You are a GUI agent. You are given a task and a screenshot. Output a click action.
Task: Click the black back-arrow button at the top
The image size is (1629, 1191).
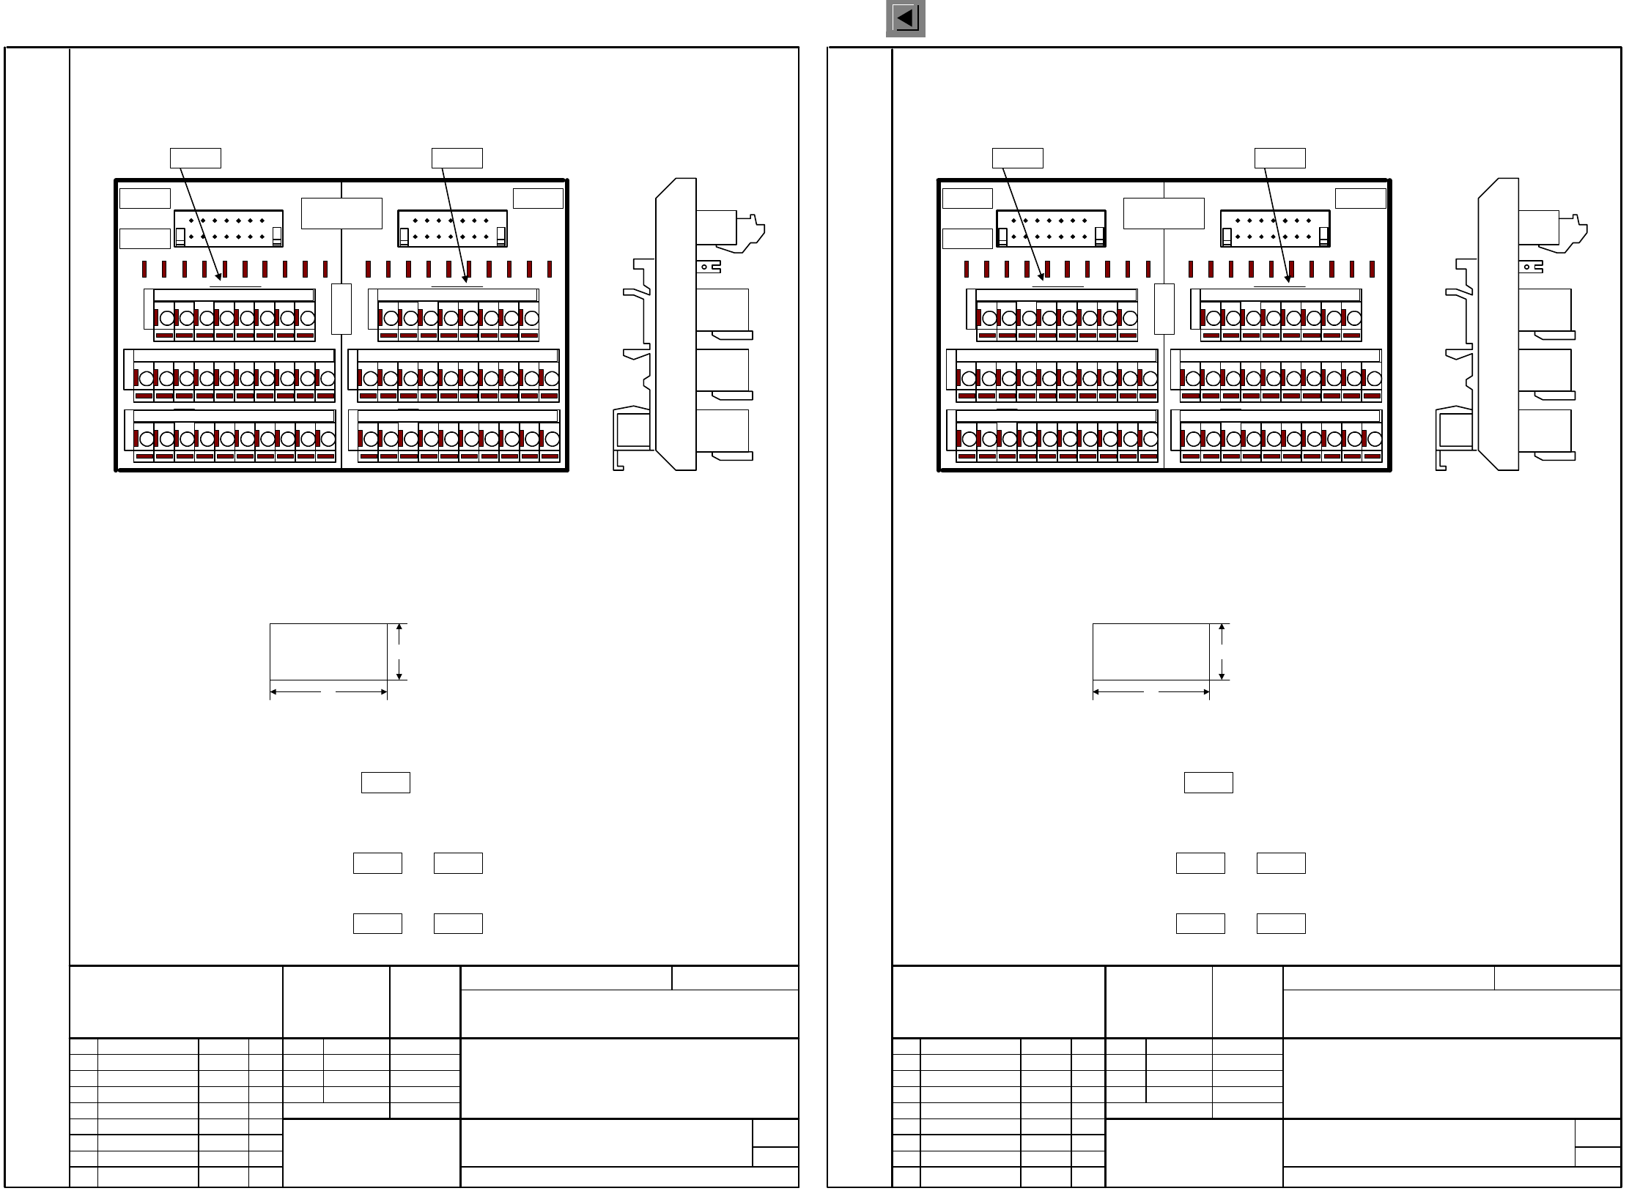[905, 18]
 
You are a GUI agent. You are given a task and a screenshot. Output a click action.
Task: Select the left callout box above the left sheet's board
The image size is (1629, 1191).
[196, 158]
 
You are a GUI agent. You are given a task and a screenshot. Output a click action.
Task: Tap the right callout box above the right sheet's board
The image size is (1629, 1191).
[1279, 158]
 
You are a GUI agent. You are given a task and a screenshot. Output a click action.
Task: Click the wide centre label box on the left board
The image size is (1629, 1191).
[341, 213]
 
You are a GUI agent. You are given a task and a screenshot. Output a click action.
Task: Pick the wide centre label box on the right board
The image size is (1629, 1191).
[1164, 213]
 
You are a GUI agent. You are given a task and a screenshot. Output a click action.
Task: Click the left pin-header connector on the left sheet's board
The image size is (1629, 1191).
[229, 228]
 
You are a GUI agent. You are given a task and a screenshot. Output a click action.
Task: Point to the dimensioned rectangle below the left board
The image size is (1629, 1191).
[328, 652]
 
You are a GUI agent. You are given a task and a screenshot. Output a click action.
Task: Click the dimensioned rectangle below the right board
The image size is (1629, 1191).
[1150, 652]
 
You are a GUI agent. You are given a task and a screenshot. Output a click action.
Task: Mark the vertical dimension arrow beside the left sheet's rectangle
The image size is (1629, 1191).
[399, 652]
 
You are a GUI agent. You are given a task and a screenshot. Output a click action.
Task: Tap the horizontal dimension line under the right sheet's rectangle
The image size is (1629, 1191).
[1150, 691]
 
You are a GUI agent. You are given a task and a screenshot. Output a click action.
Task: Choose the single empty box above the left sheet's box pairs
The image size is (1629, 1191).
[385, 782]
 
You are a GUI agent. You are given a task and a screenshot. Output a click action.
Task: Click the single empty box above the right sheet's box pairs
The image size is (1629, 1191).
[1208, 782]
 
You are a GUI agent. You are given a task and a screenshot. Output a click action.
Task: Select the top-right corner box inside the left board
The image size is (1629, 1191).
[538, 198]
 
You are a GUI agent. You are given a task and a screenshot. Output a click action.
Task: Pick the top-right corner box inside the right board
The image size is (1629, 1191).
[1360, 198]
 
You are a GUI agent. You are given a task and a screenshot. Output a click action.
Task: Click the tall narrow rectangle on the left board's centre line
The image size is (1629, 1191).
[341, 308]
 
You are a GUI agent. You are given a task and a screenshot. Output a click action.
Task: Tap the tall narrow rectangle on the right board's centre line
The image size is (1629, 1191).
[1164, 308]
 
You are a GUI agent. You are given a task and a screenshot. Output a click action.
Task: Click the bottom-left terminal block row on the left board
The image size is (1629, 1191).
[230, 437]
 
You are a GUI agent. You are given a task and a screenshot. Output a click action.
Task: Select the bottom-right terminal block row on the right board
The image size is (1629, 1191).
[1277, 437]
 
